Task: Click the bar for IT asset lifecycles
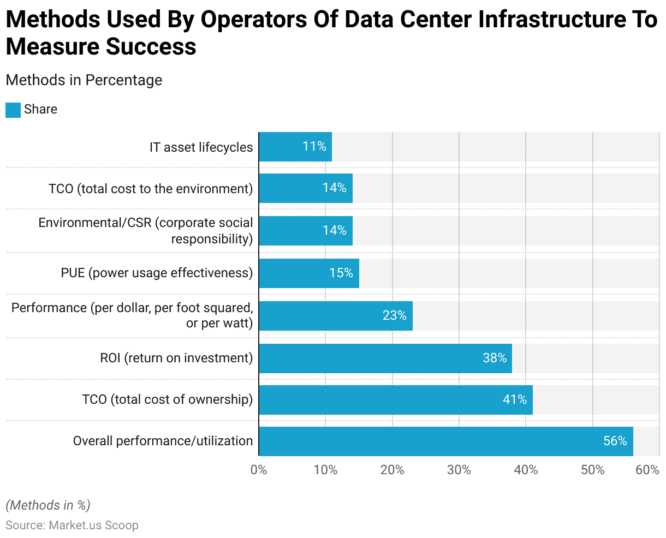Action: click(x=295, y=147)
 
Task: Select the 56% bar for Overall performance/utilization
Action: click(x=445, y=441)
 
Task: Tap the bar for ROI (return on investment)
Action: click(x=385, y=358)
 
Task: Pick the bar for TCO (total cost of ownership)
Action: click(x=395, y=400)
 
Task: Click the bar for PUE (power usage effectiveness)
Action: click(x=309, y=273)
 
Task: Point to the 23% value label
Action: click(x=394, y=315)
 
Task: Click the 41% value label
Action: click(x=514, y=400)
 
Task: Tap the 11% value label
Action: click(x=314, y=146)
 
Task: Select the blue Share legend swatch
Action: click(x=13, y=110)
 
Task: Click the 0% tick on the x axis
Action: click(x=259, y=470)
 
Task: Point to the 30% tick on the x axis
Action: click(x=459, y=470)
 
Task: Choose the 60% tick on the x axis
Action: click(x=648, y=470)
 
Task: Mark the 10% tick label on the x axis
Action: click(x=325, y=470)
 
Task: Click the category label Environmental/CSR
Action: click(x=146, y=231)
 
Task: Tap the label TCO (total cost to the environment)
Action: click(x=151, y=189)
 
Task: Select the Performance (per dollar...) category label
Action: click(x=132, y=315)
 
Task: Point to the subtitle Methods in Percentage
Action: click(x=84, y=80)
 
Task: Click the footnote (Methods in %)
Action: click(x=48, y=505)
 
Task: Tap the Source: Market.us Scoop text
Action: click(x=72, y=525)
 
